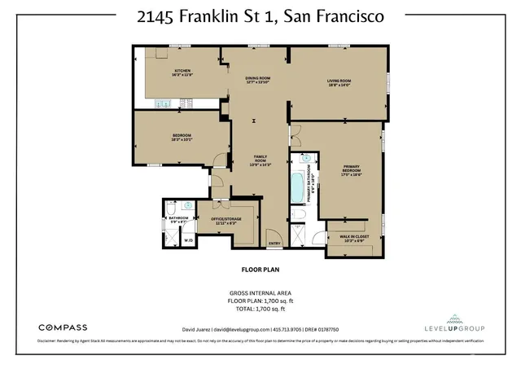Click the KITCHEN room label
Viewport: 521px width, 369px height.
click(x=182, y=72)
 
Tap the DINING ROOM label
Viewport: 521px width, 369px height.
click(x=256, y=79)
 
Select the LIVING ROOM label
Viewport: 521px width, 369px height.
click(x=339, y=81)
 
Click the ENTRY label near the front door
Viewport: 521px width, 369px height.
click(x=274, y=244)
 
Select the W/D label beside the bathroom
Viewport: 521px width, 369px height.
click(x=187, y=240)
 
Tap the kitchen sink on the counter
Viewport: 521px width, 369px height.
click(x=163, y=103)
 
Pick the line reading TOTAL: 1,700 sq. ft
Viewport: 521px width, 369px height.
click(x=260, y=310)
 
